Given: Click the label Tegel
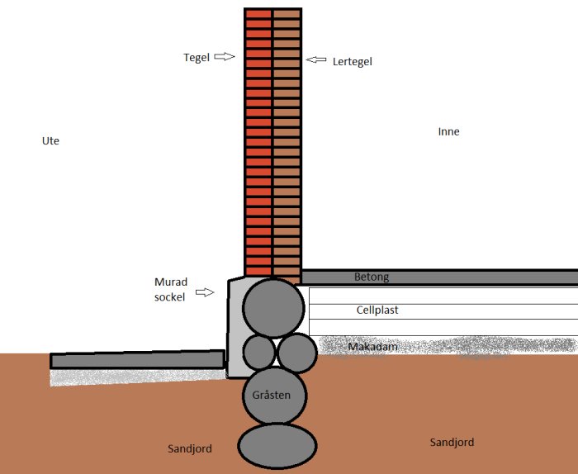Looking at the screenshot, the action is tap(197, 58).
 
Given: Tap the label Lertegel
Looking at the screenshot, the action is tap(352, 62).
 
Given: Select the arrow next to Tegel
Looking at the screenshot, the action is tap(225, 56).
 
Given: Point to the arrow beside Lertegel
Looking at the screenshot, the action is tap(316, 59).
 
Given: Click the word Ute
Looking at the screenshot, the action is tap(50, 141).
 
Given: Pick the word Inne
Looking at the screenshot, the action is tap(448, 131).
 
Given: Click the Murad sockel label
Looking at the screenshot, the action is tap(171, 289).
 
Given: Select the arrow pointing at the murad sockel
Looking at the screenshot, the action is tap(205, 292).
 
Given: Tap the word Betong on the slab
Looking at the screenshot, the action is tap(372, 277).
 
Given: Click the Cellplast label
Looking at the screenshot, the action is tap(377, 310).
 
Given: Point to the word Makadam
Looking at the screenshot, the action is tap(372, 347).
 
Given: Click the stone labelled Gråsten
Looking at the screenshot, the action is tap(274, 396).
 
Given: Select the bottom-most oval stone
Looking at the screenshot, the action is tap(277, 446).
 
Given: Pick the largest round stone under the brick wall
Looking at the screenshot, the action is tap(273, 308).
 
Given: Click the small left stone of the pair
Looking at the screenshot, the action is tap(259, 353).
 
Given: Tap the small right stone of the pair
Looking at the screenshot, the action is tap(297, 353).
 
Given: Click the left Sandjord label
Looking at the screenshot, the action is tap(190, 449).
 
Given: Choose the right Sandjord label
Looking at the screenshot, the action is tap(452, 443).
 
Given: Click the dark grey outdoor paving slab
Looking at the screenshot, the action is tap(138, 360).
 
